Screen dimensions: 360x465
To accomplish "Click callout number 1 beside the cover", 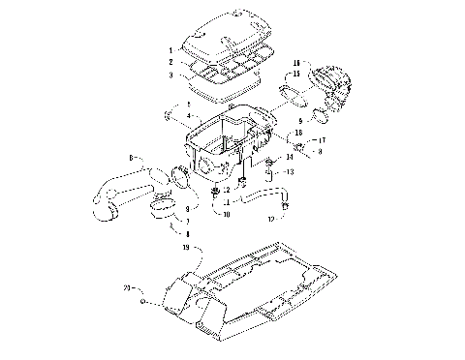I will pos(170,49).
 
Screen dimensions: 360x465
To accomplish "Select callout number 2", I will pos(170,61).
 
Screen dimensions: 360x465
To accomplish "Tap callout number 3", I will pos(170,75).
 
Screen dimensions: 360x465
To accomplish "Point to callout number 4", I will pos(174,115).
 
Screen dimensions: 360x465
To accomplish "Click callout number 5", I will pos(174,104).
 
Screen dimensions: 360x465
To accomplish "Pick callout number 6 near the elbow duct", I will pos(131,157).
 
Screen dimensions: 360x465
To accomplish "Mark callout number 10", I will pos(226,213).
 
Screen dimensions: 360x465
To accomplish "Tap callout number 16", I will pos(296,61).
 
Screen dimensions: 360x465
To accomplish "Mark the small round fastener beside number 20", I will pos(144,303).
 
